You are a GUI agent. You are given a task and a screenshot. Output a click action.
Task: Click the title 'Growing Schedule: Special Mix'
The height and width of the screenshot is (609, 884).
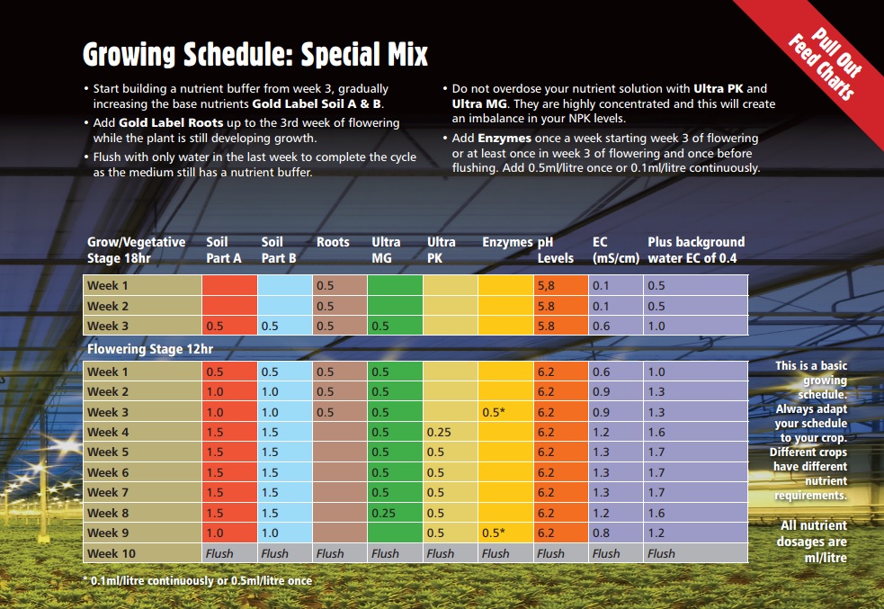[254, 55]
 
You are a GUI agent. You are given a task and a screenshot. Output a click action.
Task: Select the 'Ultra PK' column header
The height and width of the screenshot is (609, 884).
[441, 250]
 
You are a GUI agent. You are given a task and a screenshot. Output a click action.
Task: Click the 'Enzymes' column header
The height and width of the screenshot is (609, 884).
[507, 242]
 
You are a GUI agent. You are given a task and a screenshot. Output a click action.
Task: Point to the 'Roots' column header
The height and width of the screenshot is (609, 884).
[333, 242]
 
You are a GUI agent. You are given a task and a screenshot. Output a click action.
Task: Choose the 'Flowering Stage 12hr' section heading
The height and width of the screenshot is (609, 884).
[150, 349]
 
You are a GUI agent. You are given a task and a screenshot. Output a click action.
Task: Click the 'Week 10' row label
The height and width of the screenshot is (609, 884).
[112, 554]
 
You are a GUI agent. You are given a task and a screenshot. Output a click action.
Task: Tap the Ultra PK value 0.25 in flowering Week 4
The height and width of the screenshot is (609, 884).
[439, 433]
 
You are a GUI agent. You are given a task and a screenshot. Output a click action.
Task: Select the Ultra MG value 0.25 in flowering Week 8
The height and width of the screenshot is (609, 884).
[383, 513]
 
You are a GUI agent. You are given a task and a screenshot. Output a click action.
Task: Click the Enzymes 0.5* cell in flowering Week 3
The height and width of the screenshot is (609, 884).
[494, 412]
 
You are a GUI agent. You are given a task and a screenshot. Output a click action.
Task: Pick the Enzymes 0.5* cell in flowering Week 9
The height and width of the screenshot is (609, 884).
[494, 533]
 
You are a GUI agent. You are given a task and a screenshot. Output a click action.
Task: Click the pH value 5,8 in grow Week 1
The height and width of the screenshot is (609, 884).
[546, 286]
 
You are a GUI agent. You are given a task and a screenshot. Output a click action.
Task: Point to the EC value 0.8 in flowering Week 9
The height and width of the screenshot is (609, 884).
[601, 533]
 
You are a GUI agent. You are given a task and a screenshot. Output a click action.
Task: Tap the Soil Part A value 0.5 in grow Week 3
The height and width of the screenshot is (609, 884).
[214, 326]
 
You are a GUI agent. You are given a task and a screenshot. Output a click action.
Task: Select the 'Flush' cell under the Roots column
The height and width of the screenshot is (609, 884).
[330, 554]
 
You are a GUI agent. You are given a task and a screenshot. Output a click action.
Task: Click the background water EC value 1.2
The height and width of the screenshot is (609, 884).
[656, 533]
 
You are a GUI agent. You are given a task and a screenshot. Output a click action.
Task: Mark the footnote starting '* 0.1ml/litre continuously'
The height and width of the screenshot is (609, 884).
[197, 581]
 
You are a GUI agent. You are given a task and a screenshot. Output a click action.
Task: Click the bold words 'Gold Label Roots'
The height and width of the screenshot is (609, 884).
[171, 123]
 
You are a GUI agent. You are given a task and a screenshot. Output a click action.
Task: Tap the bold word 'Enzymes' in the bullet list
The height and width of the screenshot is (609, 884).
[504, 139]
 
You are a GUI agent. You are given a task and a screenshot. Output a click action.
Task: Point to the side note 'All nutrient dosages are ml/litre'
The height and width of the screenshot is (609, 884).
[812, 542]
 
